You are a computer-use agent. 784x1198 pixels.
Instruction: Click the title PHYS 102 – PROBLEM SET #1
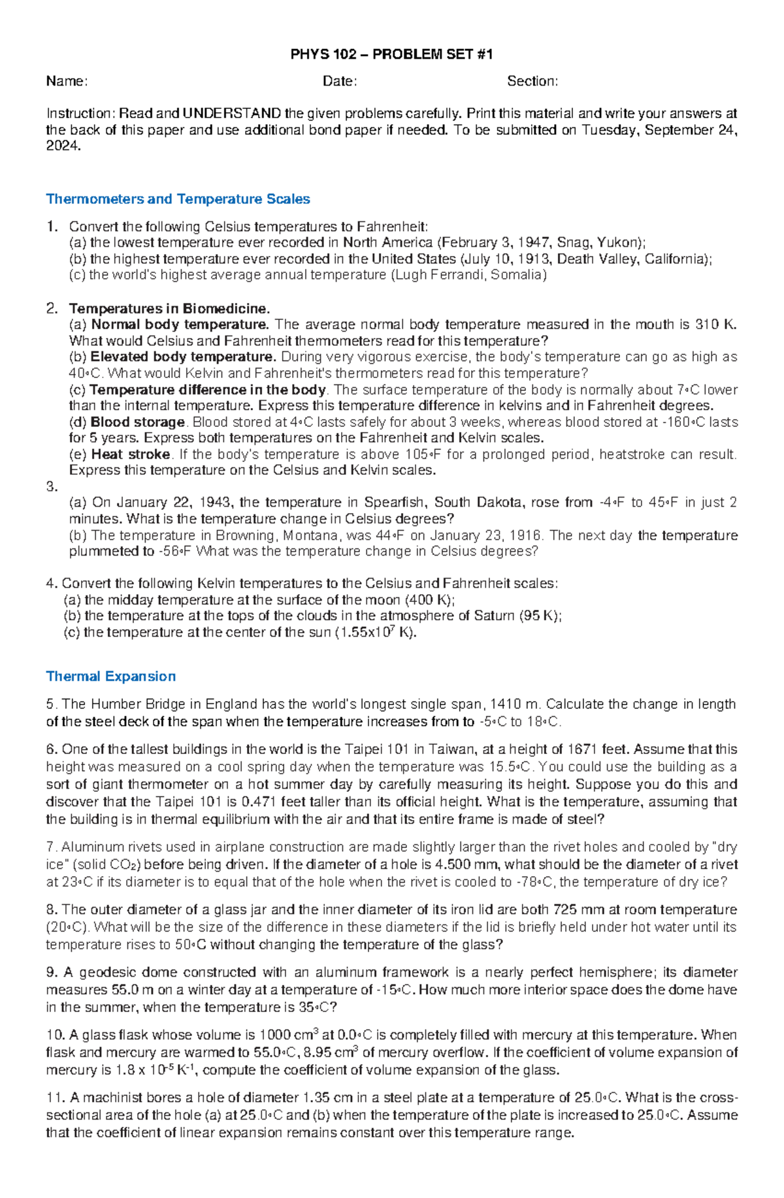click(x=391, y=55)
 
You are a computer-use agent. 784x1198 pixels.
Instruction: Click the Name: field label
click(x=67, y=82)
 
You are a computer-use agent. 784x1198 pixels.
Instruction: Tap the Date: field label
click(x=340, y=82)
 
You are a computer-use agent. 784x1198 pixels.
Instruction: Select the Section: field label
click(x=532, y=82)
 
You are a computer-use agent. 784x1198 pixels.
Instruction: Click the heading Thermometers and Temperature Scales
click(x=178, y=199)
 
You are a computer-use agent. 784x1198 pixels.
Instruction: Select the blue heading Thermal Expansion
click(x=110, y=676)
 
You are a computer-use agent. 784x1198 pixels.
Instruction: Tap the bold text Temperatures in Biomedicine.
click(x=169, y=308)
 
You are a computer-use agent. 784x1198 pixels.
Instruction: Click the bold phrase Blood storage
click(x=138, y=422)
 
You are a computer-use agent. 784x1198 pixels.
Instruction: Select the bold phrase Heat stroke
click(x=131, y=454)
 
